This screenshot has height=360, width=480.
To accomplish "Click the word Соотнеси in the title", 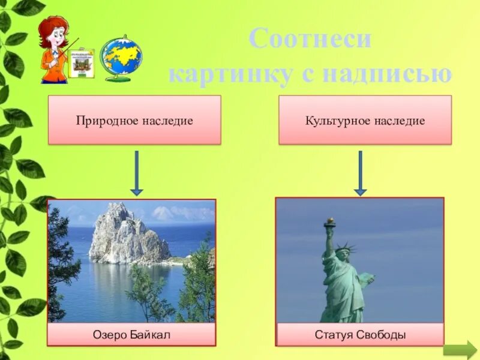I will pos(310,40).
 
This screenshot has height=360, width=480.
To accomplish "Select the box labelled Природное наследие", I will pos(134,120).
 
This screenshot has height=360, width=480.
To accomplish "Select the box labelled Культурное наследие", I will pos(365,120).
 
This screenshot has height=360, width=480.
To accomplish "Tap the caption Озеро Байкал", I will pos(131,334).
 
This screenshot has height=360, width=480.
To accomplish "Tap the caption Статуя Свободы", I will pos(360,334).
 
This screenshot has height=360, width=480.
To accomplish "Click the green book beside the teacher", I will pos(81,62).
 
